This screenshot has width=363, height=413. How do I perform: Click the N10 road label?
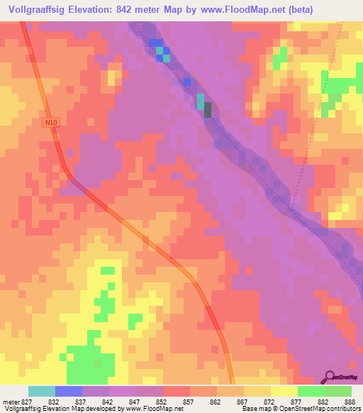point(49,122)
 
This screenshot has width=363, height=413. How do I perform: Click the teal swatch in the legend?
point(42,392)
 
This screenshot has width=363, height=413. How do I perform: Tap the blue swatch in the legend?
point(69,392)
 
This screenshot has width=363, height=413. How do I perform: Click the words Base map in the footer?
point(255,409)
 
